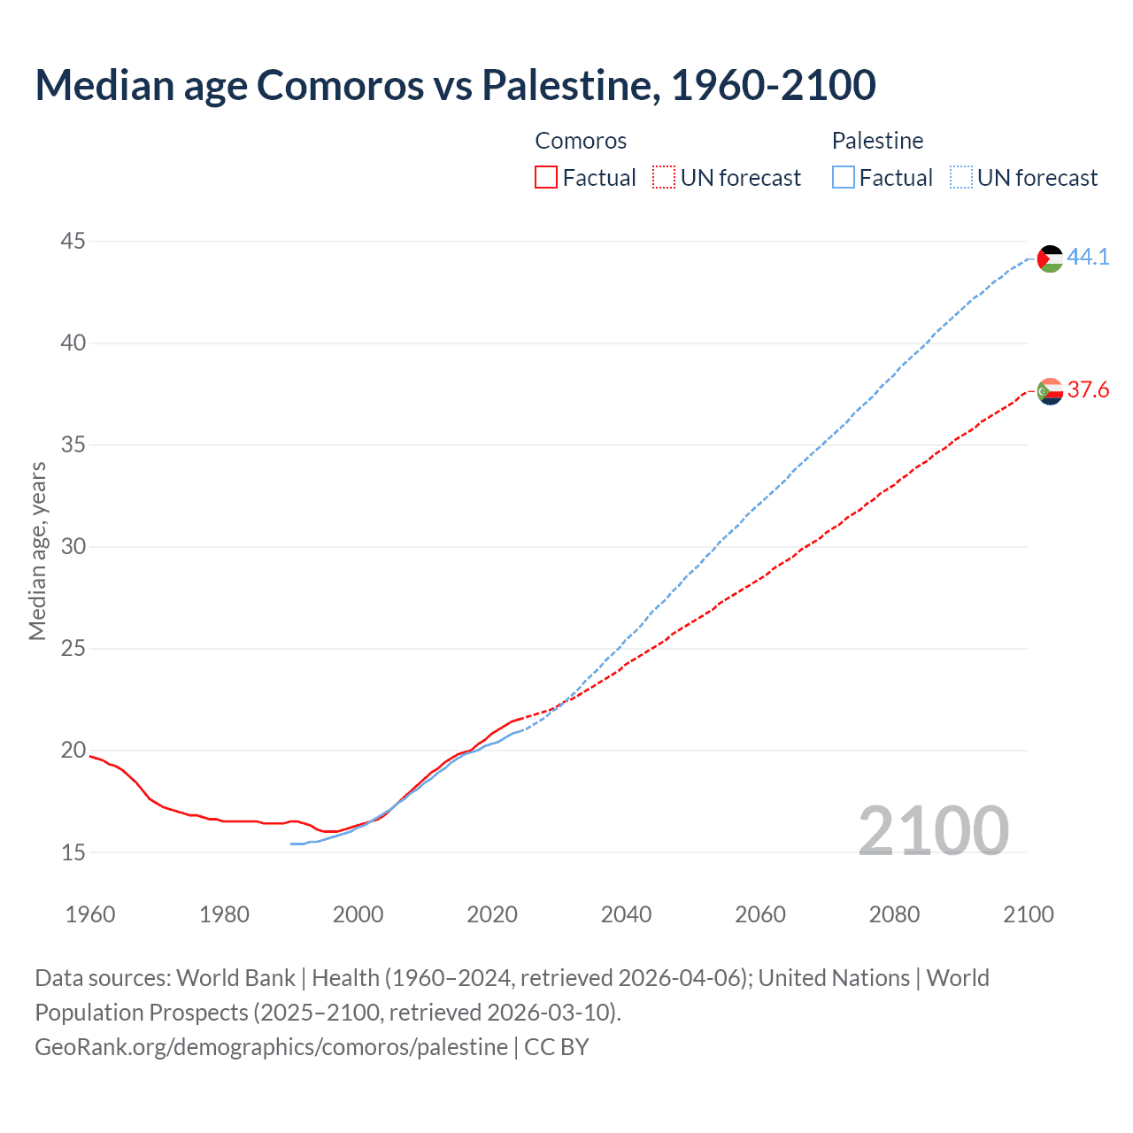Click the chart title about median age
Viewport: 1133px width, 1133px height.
pyautogui.click(x=455, y=85)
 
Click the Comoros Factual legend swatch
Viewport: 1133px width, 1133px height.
pyautogui.click(x=546, y=178)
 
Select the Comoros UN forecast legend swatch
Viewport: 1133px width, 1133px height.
pyautogui.click(x=664, y=178)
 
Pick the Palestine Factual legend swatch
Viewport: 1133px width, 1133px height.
pyautogui.click(x=844, y=178)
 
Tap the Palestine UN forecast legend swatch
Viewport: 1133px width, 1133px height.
pyautogui.click(x=961, y=178)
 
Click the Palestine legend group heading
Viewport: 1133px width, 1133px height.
pyautogui.click(x=877, y=141)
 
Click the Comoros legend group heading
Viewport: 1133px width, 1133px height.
pyautogui.click(x=581, y=141)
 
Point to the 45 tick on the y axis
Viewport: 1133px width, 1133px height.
pyautogui.click(x=73, y=241)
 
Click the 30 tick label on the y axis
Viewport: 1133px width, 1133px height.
pyautogui.click(x=73, y=546)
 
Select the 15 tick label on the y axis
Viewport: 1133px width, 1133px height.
pyautogui.click(x=73, y=852)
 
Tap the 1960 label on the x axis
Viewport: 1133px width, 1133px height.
pyautogui.click(x=90, y=914)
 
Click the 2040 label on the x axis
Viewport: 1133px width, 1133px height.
pyautogui.click(x=626, y=914)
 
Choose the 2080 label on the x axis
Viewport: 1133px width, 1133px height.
pyautogui.click(x=894, y=914)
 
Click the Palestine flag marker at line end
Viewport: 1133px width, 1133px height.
pyautogui.click(x=1050, y=258)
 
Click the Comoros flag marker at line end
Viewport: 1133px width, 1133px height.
pyautogui.click(x=1050, y=391)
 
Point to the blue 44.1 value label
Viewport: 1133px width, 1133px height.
pyautogui.click(x=1088, y=258)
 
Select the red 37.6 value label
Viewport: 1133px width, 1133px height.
pyautogui.click(x=1088, y=390)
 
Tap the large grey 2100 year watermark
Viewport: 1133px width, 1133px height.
pyautogui.click(x=933, y=831)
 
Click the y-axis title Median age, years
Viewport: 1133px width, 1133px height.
pyautogui.click(x=37, y=551)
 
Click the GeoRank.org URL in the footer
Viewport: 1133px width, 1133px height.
pyautogui.click(x=271, y=1047)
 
